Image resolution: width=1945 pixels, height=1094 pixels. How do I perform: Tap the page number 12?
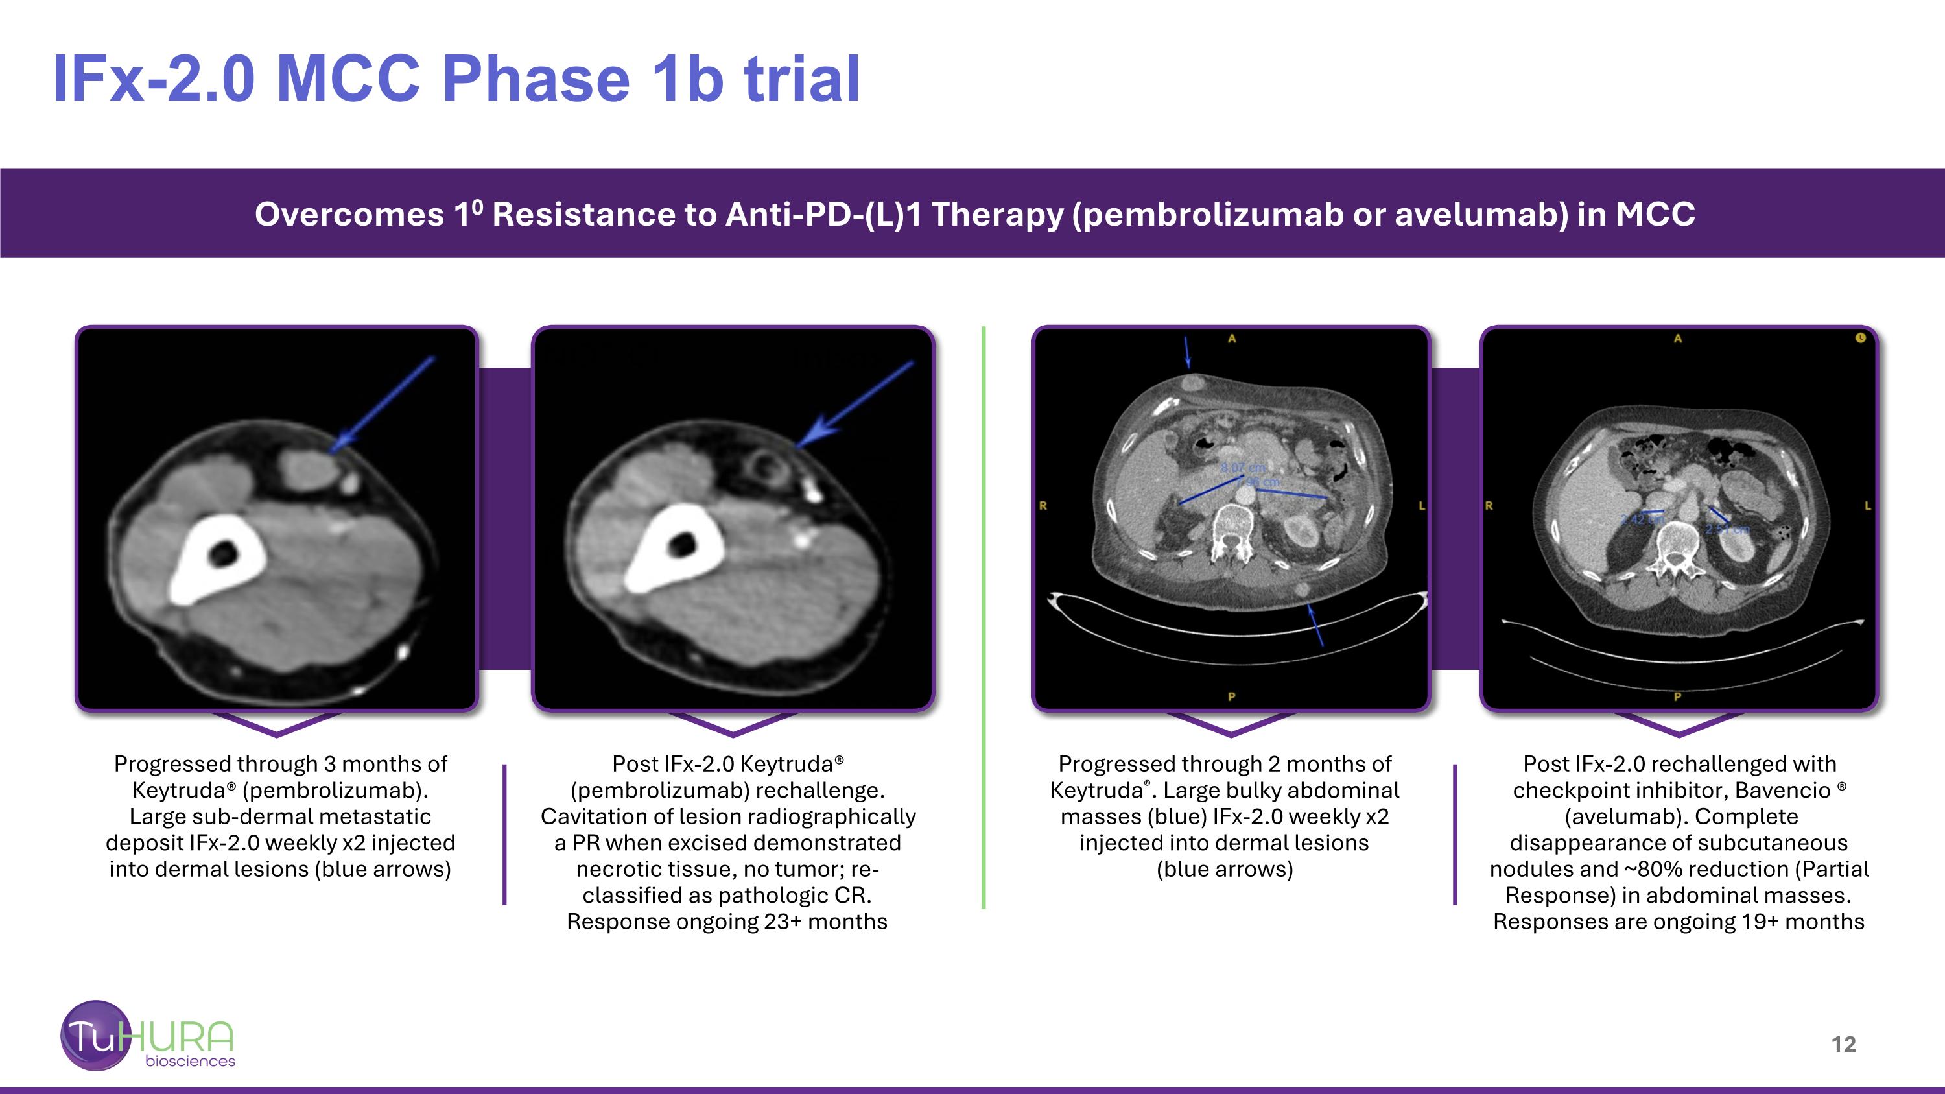[1843, 1044]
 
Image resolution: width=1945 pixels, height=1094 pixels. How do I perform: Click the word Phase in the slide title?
[536, 79]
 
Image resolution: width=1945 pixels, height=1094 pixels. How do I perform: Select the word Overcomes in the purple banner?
[349, 215]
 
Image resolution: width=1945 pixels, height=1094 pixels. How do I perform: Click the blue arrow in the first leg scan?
[385, 403]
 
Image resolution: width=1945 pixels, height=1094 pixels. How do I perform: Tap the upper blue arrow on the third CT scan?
[1187, 353]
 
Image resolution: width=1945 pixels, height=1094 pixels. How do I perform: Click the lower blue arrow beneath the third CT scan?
[1315, 624]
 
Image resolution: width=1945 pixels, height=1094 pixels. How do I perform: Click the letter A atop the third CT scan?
[1231, 339]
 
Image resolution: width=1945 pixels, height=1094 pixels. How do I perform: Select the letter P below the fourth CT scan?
[1678, 696]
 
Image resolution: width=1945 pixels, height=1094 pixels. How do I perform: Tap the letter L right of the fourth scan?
[1867, 505]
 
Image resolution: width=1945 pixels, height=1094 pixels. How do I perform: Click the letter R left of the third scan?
[1043, 506]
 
